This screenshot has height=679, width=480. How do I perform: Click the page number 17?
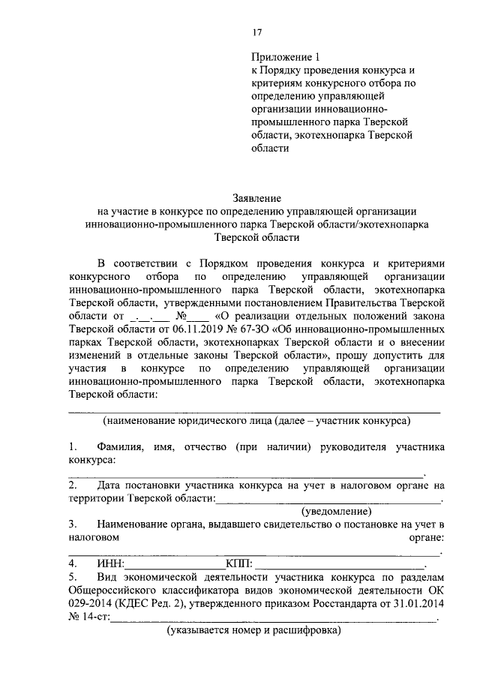tap(256, 32)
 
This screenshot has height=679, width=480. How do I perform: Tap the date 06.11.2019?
tap(192, 328)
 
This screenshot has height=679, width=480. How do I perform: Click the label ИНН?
tap(111, 563)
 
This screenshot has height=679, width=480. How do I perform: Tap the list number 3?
tap(72, 523)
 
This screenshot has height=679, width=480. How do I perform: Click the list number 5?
tap(72, 577)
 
